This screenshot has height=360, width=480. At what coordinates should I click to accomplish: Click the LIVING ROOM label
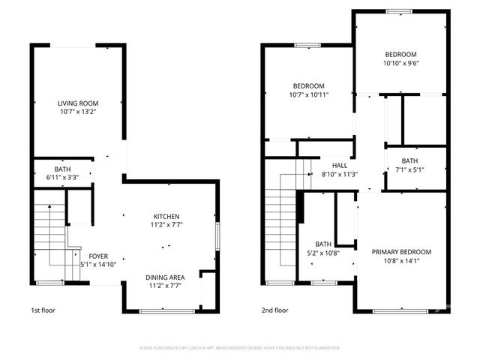coord(78,103)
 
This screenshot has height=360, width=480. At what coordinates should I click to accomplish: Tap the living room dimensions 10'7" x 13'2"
coord(78,112)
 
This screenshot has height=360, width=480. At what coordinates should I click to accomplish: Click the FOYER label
coord(98,256)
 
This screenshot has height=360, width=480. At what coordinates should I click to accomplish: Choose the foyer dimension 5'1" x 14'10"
coord(98,264)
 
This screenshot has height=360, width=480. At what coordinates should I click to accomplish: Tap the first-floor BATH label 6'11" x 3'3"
coord(61,169)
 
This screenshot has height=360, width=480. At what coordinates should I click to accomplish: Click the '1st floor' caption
coord(43,310)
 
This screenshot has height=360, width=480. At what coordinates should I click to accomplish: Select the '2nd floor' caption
coord(274,310)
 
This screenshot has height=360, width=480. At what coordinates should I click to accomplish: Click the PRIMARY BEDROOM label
coord(401,252)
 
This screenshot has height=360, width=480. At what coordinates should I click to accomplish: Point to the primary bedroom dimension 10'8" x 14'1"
coord(401,261)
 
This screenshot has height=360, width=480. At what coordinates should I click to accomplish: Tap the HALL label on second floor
coord(340,166)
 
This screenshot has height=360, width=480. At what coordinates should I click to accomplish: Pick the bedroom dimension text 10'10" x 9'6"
coord(401,63)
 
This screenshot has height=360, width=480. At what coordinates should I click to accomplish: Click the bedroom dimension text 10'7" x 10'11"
coord(308,94)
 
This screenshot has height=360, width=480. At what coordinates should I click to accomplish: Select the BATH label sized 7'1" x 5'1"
coord(409,160)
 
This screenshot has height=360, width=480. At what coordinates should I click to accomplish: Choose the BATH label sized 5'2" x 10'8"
coord(323,244)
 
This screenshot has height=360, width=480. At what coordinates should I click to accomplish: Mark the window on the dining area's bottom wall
coord(161,310)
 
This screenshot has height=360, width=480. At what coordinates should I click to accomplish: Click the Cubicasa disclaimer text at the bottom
coord(240,348)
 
